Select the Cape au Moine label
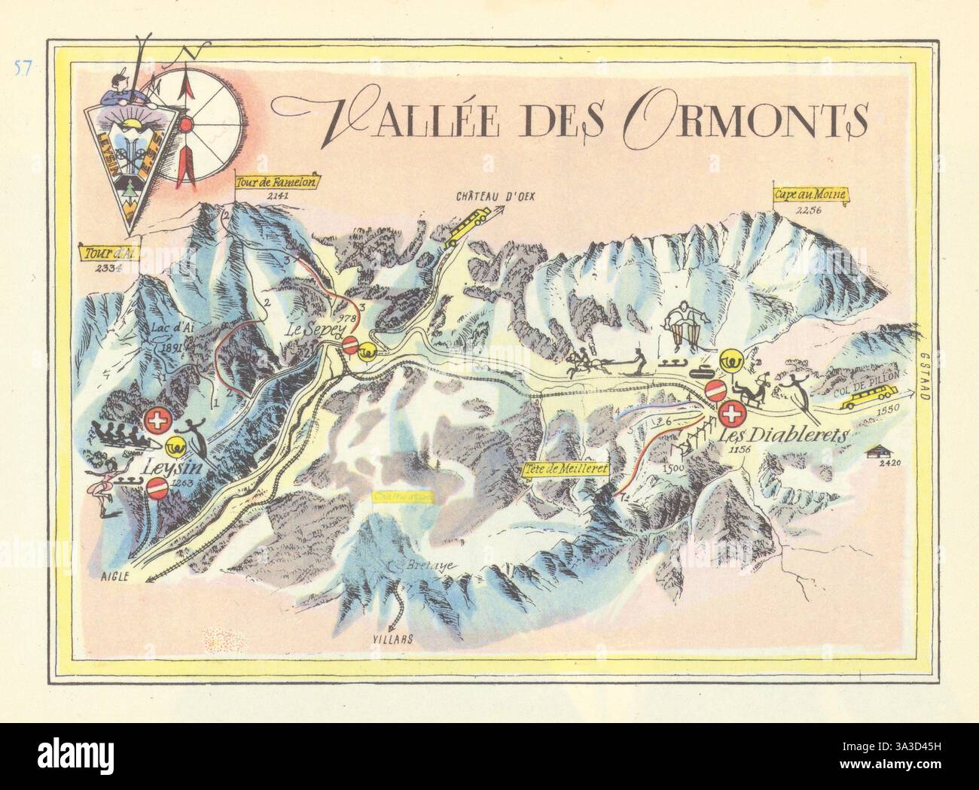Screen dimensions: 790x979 click(811, 194)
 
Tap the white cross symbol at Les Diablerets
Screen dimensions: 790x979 click(731, 413)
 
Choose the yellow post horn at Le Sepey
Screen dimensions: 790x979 click(368, 350)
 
